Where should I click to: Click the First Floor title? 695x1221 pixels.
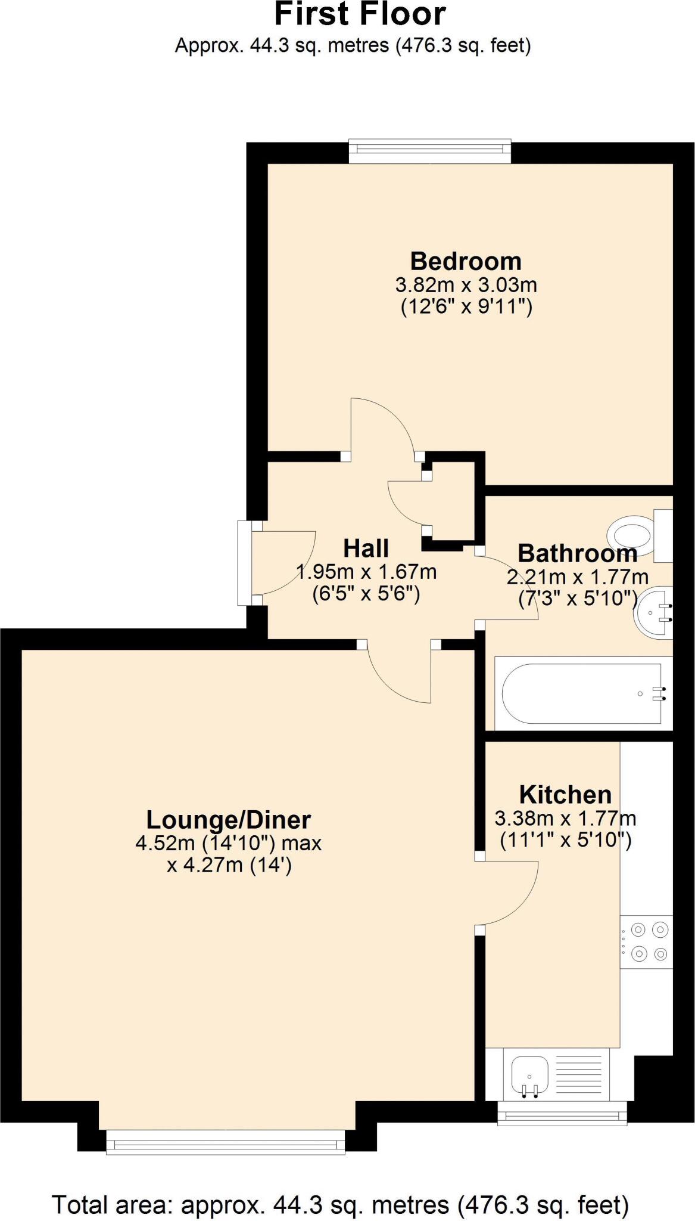click(x=360, y=14)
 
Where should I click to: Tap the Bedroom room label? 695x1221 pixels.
click(x=466, y=261)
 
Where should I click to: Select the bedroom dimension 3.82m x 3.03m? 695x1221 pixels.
click(x=466, y=285)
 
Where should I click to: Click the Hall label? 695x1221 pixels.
click(x=366, y=548)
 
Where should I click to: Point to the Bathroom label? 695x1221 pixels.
click(x=577, y=553)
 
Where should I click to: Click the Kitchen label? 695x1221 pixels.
click(x=565, y=795)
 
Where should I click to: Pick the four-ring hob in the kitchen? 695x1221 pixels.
click(x=647, y=942)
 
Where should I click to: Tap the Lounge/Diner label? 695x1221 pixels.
click(x=229, y=820)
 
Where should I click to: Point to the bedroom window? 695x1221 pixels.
click(x=429, y=151)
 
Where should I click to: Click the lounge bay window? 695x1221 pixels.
click(x=226, y=1144)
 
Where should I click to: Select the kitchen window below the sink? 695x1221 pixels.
click(x=562, y=1112)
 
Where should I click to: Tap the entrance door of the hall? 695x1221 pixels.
click(x=280, y=563)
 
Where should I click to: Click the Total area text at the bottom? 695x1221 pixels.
click(x=341, y=1205)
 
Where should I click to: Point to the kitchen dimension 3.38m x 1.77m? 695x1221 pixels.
click(x=565, y=819)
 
